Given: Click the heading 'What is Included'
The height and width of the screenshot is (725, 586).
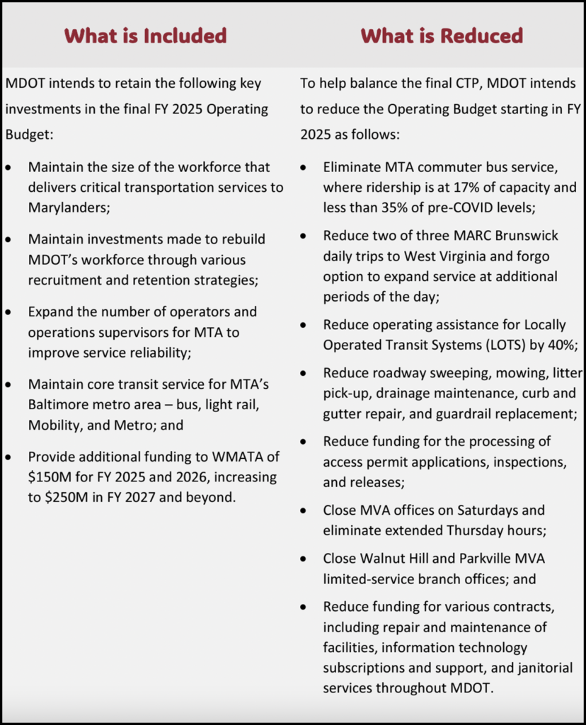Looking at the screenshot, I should (145, 35).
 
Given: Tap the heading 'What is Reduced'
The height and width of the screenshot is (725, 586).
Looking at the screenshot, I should (442, 35).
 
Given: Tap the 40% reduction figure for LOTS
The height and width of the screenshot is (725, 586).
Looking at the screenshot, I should (561, 345).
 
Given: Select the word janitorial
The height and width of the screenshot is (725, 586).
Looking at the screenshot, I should (539, 668).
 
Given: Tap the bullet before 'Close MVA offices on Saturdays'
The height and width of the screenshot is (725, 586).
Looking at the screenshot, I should (304, 510).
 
